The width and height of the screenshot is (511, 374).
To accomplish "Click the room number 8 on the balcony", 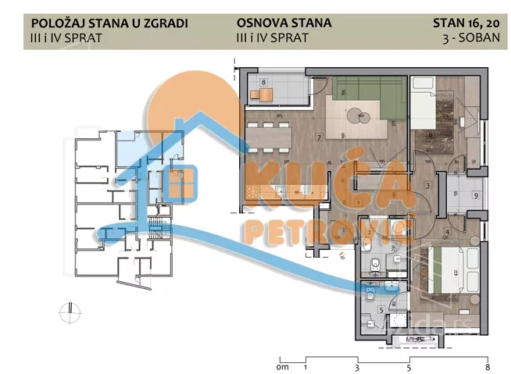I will pos(264,81).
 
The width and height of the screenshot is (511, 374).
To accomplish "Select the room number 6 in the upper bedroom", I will pos(431,134).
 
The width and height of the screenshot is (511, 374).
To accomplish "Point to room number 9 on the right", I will pos(476,196).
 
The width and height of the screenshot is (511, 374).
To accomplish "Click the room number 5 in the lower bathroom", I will pos(381,309).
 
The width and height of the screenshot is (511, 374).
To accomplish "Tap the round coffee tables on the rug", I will pos(360,117).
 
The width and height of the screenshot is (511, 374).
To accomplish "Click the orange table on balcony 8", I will pos(263,95).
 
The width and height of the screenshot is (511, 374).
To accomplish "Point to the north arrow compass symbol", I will pos(69,312).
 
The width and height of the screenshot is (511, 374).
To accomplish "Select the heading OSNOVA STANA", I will pos(283,23).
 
